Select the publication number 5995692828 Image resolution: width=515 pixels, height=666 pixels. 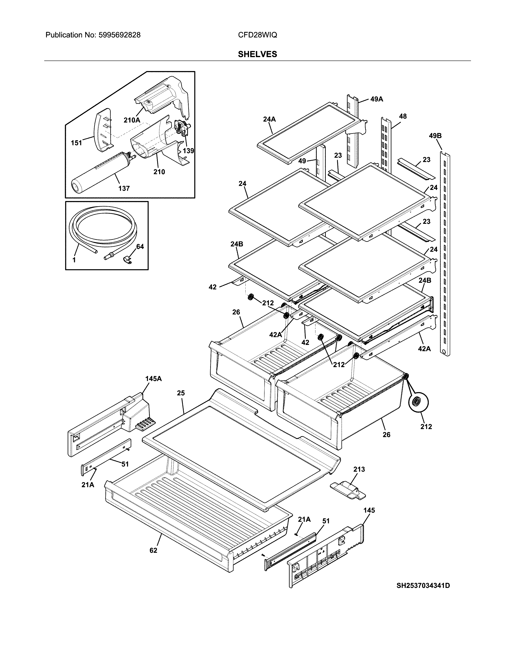coord(119,35)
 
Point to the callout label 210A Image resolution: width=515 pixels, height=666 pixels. coord(132,120)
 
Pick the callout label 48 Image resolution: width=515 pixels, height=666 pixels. coord(403,116)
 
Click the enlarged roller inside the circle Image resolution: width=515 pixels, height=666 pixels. coord(418,403)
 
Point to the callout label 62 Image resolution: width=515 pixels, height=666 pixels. coord(153,550)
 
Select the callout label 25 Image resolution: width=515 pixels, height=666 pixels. coord(181,393)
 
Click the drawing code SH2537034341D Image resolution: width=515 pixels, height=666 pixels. coord(423,585)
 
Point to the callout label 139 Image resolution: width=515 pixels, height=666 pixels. coord(188,151)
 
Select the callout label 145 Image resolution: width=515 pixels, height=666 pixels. coord(369,510)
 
